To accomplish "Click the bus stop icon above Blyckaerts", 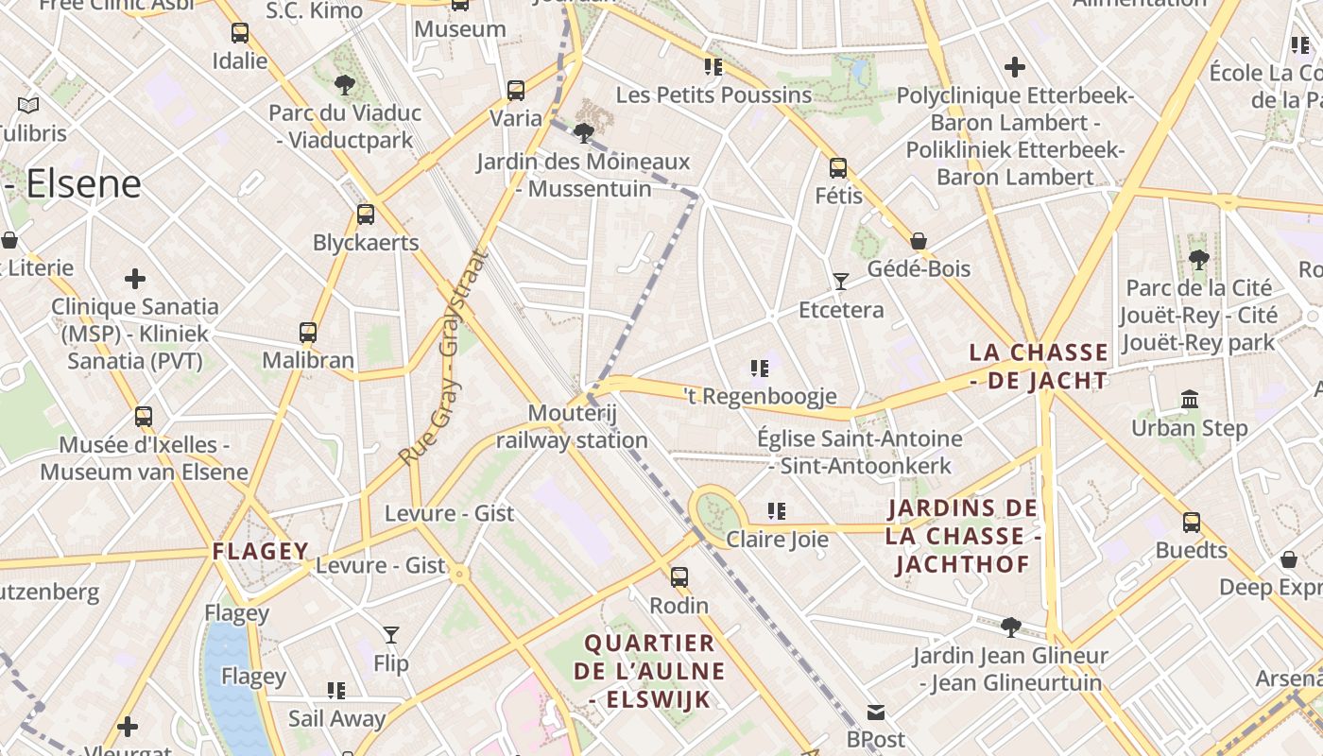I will [x=366, y=215].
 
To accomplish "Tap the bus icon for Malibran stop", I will [x=308, y=333].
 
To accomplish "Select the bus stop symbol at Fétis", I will [x=838, y=168].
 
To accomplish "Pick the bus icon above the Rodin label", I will [x=679, y=577].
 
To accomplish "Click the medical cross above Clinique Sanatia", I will [x=135, y=279].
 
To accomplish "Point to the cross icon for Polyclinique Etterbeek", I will [x=1015, y=67].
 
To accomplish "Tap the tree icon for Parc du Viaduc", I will [x=344, y=85].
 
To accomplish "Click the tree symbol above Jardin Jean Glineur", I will [x=1011, y=627].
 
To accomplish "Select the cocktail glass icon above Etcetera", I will [x=840, y=282].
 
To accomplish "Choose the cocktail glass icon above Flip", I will [x=391, y=635].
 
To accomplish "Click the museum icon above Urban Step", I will [x=1190, y=400].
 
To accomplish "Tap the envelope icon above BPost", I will [x=876, y=712].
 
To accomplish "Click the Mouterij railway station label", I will [x=572, y=426].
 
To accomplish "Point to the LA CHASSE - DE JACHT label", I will [x=1039, y=367].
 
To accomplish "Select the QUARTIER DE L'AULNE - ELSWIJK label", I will [x=649, y=671].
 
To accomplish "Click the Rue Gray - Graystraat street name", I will [x=443, y=357].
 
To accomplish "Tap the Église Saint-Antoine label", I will [x=860, y=452].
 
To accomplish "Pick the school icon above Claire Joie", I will [x=777, y=511].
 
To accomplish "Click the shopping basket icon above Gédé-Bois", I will [x=918, y=241].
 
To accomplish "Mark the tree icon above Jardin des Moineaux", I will [x=584, y=132].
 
